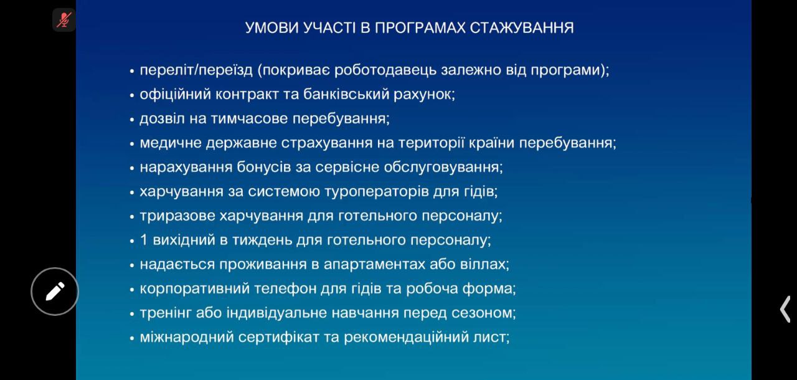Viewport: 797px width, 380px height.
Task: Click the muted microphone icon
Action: coord(64,20)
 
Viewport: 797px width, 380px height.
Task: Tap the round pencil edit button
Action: coord(55,292)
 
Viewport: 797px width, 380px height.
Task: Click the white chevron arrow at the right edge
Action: coord(785,309)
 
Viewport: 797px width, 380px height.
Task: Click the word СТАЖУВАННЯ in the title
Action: coord(522,28)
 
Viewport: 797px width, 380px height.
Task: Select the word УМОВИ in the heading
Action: coord(272,28)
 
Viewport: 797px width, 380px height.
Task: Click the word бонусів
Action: coord(263,167)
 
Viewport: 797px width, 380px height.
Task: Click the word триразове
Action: coord(177,216)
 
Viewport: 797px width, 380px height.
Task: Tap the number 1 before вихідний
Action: coord(144,240)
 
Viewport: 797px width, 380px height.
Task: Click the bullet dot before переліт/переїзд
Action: coord(132,71)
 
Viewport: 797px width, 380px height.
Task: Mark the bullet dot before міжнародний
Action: coord(132,338)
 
